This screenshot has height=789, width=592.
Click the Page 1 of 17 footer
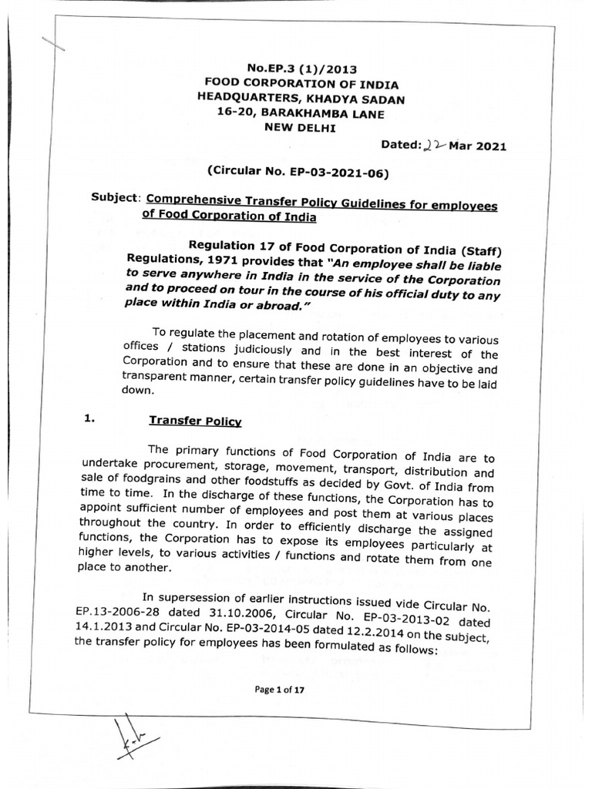click(281, 690)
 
